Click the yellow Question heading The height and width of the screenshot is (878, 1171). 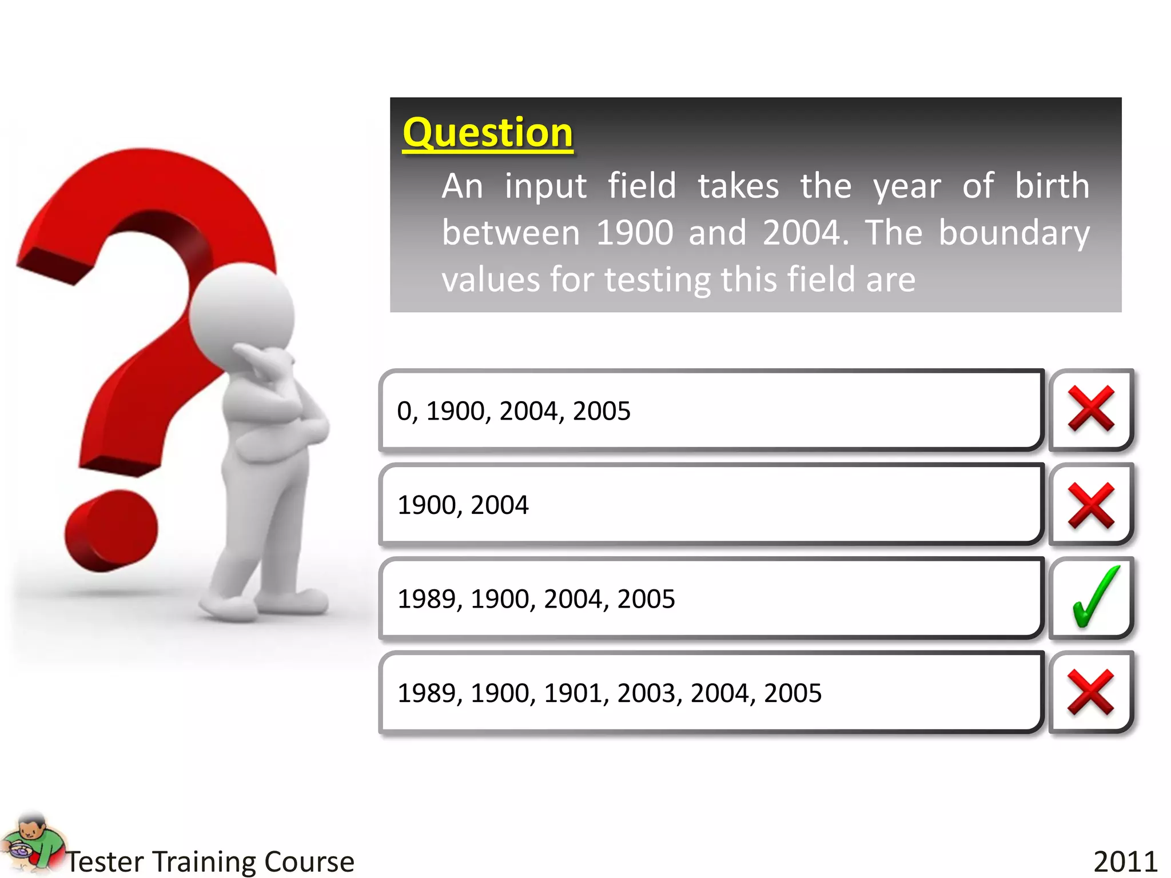click(487, 133)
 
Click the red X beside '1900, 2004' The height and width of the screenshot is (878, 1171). click(1091, 505)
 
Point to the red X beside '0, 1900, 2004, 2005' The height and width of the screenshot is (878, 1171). click(1091, 408)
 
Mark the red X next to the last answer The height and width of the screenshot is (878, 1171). click(1091, 692)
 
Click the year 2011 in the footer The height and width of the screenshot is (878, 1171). click(1125, 861)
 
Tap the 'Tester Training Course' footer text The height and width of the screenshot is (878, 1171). click(210, 861)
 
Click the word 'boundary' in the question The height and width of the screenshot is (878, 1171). click(1014, 233)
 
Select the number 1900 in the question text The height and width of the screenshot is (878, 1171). click(634, 233)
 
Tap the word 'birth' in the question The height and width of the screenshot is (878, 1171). click(1052, 186)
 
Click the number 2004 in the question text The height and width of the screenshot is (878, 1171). click(801, 233)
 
